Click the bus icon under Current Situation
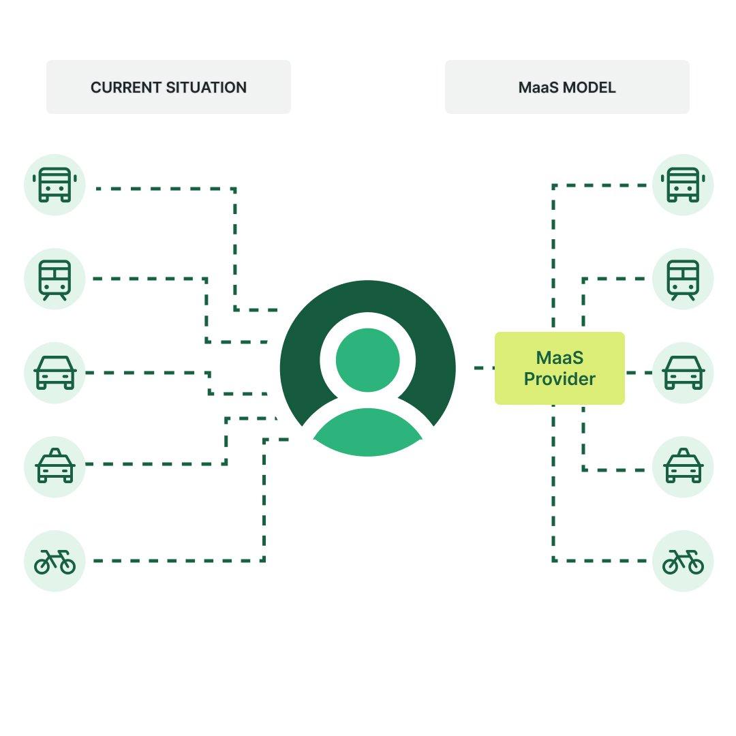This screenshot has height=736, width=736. (x=55, y=185)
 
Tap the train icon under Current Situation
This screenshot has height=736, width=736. (x=55, y=279)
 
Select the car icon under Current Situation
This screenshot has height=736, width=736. (x=55, y=373)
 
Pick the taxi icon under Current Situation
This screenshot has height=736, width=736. (x=55, y=467)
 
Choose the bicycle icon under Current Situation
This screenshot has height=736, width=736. (x=55, y=561)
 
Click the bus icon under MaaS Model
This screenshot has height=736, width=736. (x=683, y=185)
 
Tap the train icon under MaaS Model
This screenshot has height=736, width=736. (x=683, y=279)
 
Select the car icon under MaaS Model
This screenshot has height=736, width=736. (x=683, y=373)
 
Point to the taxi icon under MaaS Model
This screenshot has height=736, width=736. (x=683, y=467)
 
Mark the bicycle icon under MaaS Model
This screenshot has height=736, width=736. (x=683, y=561)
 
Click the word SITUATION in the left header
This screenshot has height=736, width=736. (x=206, y=87)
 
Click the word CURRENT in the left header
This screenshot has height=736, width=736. (x=126, y=87)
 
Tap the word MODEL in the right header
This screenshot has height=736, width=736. (x=589, y=87)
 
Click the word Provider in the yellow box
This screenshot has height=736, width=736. (x=559, y=379)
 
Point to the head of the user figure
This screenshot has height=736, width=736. (x=368, y=360)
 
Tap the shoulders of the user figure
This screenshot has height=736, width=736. (x=368, y=433)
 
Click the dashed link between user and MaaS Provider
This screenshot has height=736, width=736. (x=485, y=368)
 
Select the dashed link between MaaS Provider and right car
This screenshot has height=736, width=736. (x=639, y=373)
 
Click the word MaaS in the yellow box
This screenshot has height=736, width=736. (x=559, y=358)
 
